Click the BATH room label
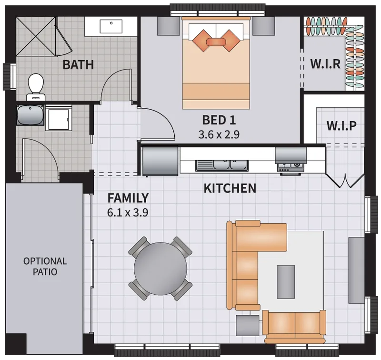tap(78, 65)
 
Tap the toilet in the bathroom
tap(36, 87)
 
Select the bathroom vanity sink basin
tap(111, 27)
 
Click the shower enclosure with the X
tap(36, 36)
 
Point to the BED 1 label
tap(219, 120)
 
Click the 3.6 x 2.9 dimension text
tap(219, 134)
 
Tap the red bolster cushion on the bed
tap(216, 41)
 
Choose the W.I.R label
tap(325, 64)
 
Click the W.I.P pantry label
tap(341, 126)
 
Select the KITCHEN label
tap(230, 188)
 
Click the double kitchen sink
tap(222, 165)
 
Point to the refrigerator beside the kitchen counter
tap(160, 160)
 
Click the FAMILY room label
tap(128, 198)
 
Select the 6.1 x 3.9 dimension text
tap(128, 213)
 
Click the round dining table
tap(160, 268)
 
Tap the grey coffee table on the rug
tap(286, 282)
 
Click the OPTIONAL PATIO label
tap(45, 267)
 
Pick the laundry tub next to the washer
tap(30, 115)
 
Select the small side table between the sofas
tap(248, 326)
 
